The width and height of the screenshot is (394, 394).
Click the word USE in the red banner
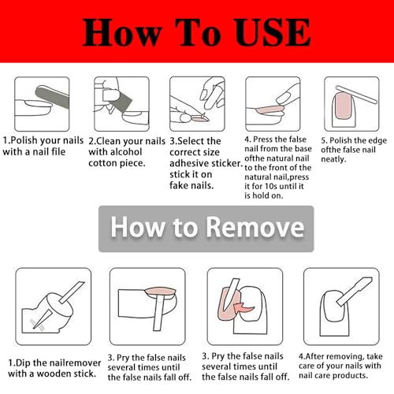point(273,32)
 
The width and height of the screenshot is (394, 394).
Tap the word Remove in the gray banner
point(255,227)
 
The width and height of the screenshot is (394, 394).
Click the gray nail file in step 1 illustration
point(53,97)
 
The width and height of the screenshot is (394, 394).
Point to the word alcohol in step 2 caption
point(124,152)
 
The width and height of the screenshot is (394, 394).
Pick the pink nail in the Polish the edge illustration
point(343,106)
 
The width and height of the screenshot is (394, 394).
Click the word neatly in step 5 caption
point(333,159)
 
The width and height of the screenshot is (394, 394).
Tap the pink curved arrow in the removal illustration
point(243,307)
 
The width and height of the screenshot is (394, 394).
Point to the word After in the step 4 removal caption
point(315,356)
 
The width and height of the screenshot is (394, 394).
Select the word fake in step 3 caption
point(178,185)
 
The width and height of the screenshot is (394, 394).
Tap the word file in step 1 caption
point(57,151)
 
